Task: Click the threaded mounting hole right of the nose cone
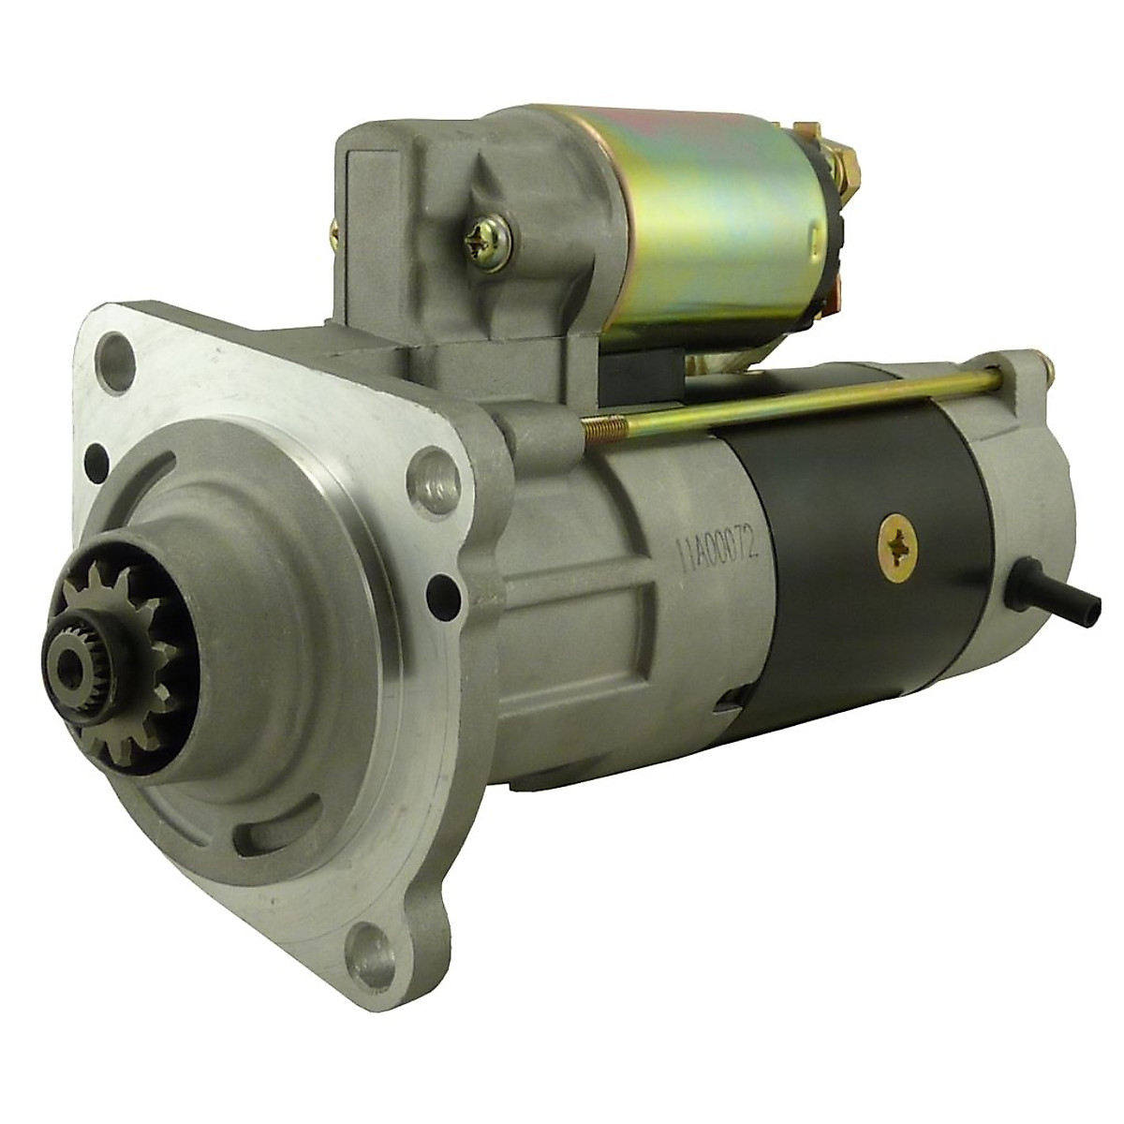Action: pos(433,468)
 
